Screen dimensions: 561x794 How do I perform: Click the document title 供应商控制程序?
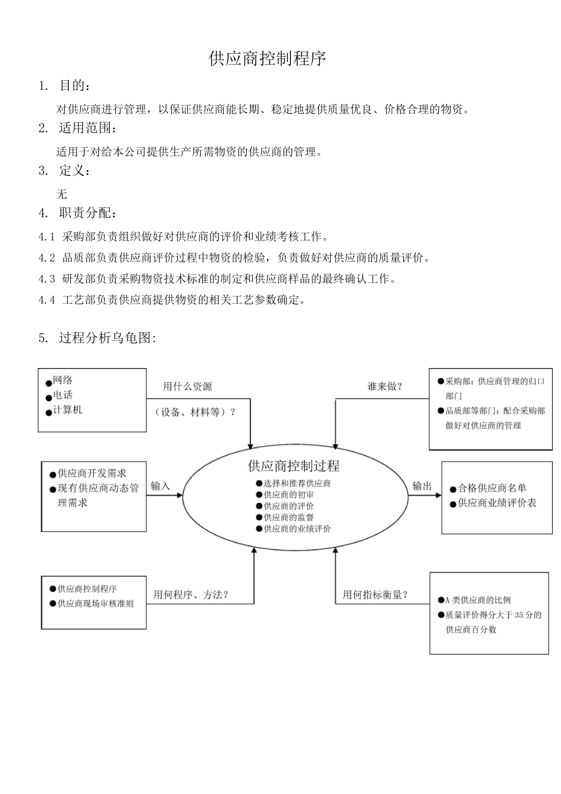(268, 58)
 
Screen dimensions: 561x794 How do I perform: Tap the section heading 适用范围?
(84, 128)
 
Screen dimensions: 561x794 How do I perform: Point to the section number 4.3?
(47, 279)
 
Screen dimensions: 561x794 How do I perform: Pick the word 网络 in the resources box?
(63, 380)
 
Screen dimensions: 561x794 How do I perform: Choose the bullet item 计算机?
(67, 410)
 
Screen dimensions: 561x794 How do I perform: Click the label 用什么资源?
(187, 386)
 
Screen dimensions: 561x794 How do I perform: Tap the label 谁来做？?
(384, 386)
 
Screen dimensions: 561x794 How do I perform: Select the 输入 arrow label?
(160, 486)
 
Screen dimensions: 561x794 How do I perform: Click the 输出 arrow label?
(422, 486)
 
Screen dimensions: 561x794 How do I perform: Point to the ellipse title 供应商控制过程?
(293, 466)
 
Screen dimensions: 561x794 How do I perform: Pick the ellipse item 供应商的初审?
(289, 494)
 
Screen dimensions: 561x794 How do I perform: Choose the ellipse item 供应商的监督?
(289, 518)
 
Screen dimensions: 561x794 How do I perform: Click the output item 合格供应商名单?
(492, 488)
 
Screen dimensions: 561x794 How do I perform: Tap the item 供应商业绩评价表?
(497, 503)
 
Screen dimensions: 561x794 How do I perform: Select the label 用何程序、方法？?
(191, 594)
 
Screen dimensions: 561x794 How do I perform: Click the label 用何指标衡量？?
(375, 594)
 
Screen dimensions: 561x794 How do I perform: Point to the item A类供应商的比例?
(478, 600)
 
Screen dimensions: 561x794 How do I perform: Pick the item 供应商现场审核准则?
(95, 604)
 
